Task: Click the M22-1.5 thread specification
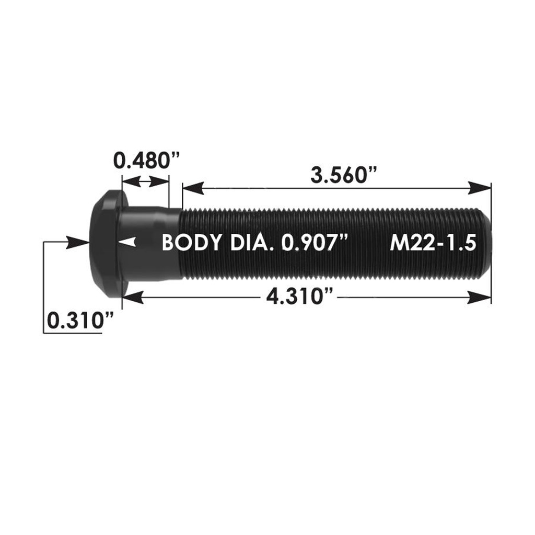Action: [433, 243]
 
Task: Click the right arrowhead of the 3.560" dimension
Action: [480, 188]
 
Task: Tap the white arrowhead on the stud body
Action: [128, 242]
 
